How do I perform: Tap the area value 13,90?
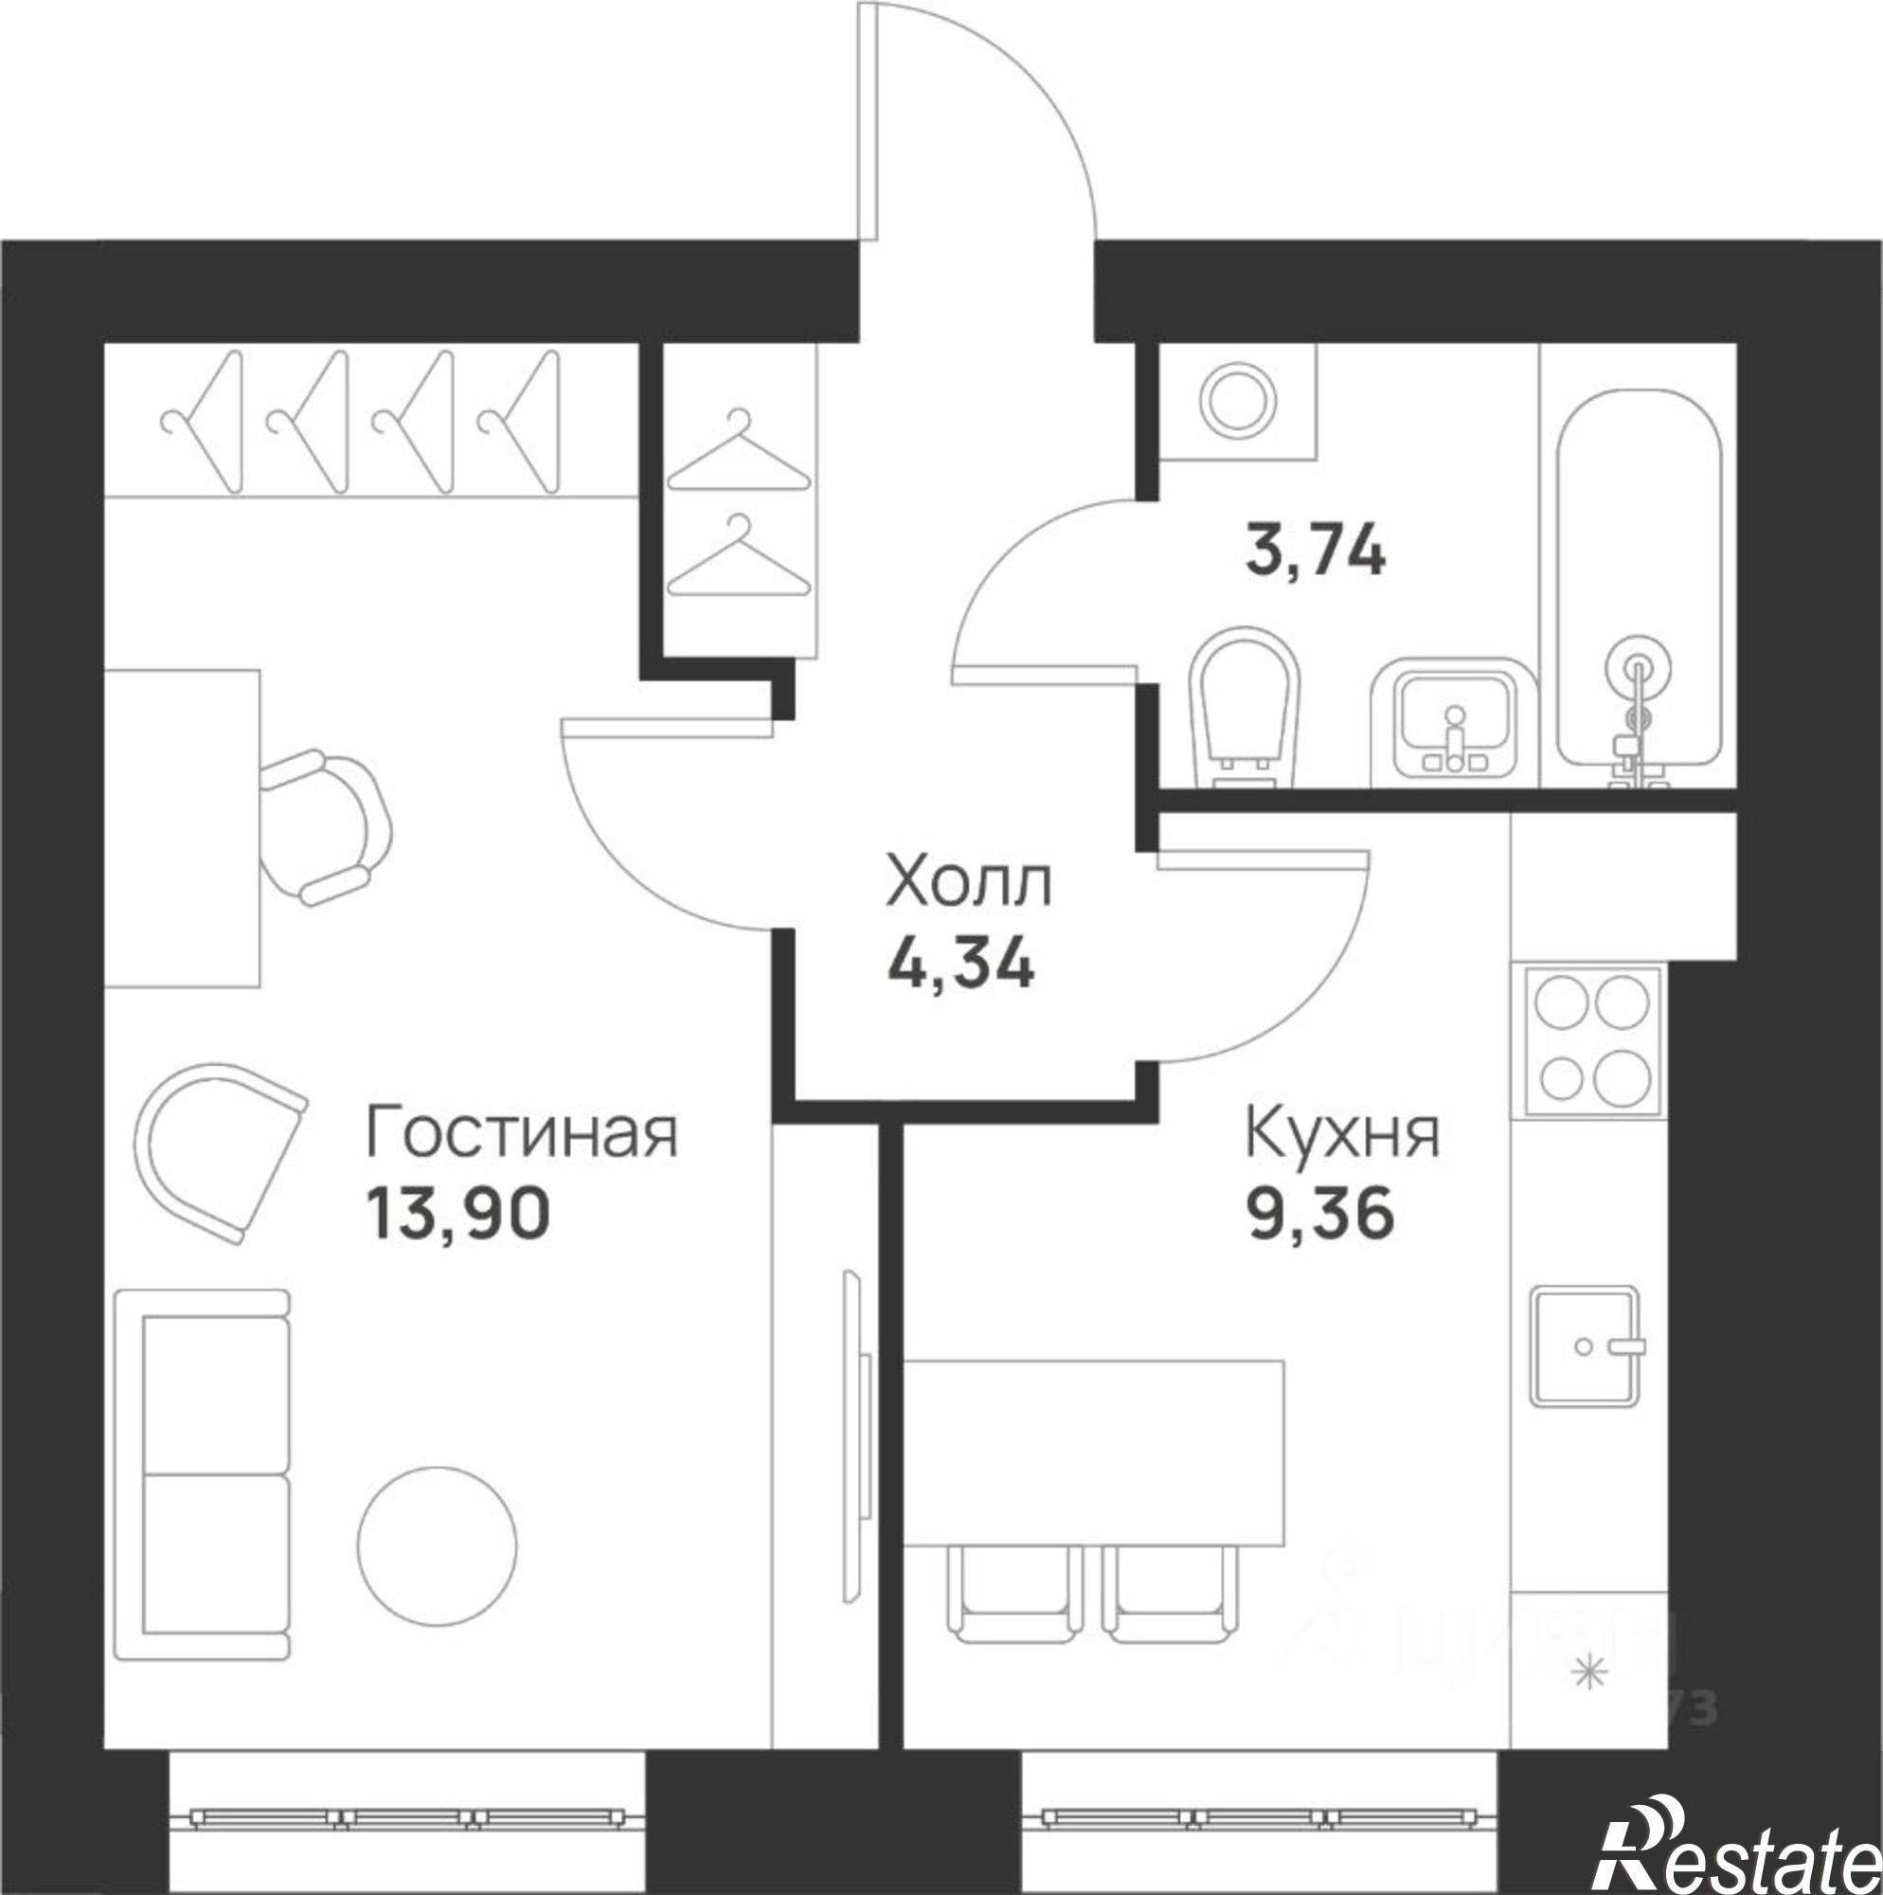458,1214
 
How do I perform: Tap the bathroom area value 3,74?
1315,550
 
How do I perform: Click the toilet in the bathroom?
1243,706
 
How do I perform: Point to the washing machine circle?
1239,401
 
